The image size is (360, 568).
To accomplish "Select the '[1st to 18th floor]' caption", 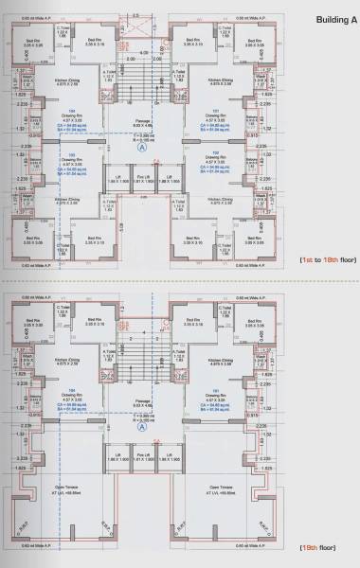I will click(x=322, y=258).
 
